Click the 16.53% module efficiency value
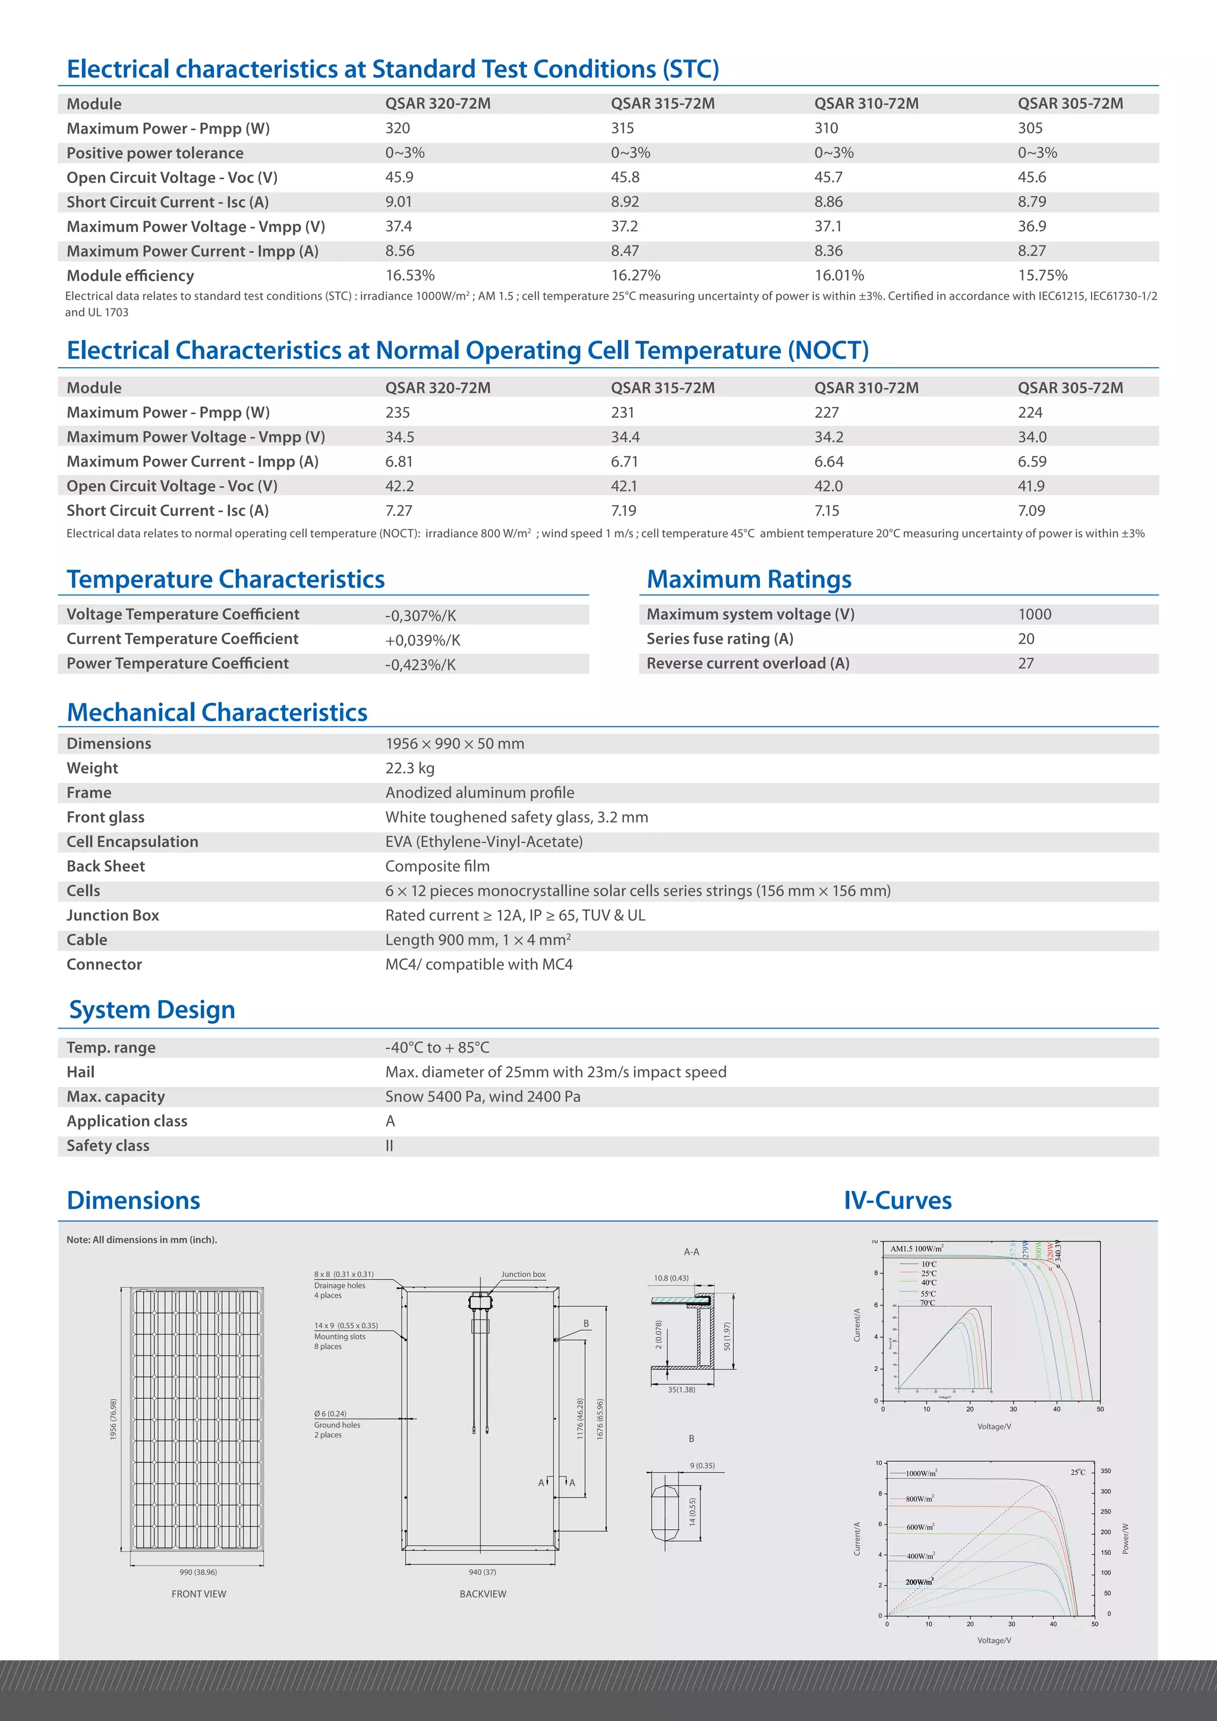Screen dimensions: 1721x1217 410,276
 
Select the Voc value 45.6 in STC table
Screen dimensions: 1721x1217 1032,178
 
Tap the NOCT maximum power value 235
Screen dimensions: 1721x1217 397,413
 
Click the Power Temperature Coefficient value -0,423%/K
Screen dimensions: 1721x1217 420,665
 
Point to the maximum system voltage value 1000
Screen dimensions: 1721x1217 1034,614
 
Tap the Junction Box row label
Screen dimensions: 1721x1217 112,915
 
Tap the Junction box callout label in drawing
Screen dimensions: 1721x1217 523,1274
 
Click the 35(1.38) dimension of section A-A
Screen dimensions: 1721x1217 681,1389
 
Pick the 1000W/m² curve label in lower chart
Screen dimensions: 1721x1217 921,1473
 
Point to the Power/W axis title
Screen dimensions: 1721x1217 1125,1538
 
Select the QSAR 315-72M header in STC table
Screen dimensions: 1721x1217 663,104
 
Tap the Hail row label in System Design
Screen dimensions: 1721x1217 80,1073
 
